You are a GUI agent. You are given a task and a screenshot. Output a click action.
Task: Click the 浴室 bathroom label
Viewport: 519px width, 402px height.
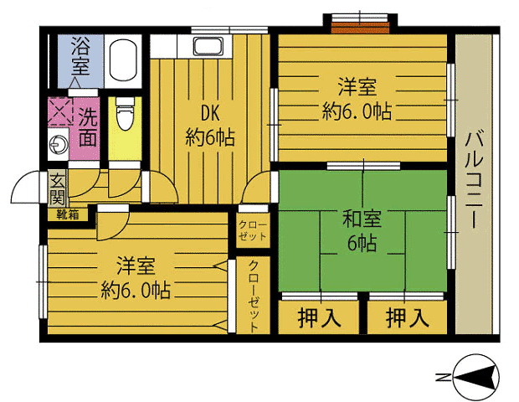click(x=80, y=55)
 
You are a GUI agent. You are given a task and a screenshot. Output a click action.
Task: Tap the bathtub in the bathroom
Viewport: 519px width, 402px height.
click(x=123, y=60)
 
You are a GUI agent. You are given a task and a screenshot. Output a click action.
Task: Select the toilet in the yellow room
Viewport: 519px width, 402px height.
click(x=125, y=113)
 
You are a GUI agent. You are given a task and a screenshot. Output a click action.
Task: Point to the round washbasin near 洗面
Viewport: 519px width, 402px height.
click(x=59, y=145)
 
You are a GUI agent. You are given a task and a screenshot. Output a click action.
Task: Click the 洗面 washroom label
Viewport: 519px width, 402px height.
click(x=88, y=127)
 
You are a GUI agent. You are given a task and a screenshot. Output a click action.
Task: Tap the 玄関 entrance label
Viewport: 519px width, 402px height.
click(x=57, y=188)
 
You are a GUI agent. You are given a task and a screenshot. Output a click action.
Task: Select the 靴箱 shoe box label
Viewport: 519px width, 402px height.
click(x=68, y=214)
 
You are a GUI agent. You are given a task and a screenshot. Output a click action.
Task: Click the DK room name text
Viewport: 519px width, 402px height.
click(x=210, y=113)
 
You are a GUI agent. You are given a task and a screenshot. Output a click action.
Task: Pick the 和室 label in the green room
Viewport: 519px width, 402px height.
click(x=362, y=219)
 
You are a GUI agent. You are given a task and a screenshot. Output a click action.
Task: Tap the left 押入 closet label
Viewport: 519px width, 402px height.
click(x=319, y=318)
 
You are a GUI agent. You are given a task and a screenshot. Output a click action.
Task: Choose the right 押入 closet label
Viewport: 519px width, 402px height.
click(x=407, y=318)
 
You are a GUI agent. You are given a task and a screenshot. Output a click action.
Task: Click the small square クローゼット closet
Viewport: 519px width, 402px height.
click(x=253, y=230)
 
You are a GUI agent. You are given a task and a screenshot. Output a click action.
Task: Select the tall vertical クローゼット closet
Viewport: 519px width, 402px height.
click(x=253, y=296)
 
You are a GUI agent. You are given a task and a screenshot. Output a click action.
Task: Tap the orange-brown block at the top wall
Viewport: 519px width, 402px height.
click(x=360, y=28)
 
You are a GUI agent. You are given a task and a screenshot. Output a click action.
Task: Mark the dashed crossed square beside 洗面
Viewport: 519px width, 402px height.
click(x=60, y=111)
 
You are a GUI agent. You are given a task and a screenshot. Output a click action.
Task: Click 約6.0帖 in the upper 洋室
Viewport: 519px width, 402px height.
click(x=357, y=111)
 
